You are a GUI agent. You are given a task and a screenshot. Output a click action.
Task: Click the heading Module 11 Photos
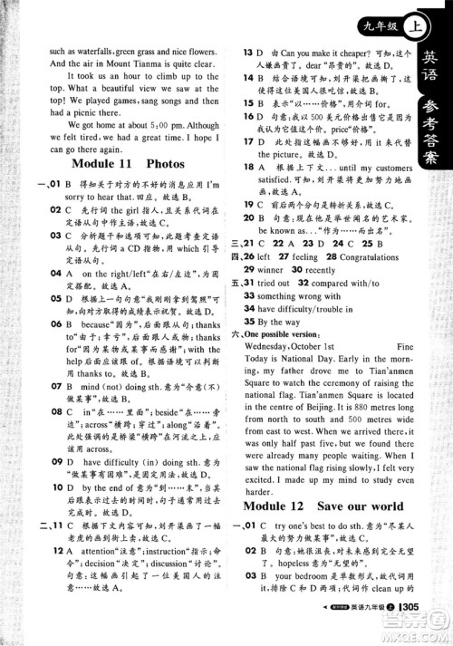click(x=126, y=164)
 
